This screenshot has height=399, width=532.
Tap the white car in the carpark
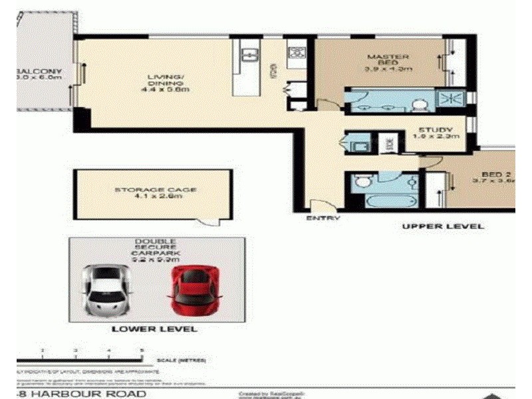106,289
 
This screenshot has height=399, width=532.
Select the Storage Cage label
155,194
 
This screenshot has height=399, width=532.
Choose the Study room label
435,133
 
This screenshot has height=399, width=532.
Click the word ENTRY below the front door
323,218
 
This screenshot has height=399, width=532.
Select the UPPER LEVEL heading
443,226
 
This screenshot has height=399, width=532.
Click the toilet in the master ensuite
419,104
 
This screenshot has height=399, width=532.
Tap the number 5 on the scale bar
142,349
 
